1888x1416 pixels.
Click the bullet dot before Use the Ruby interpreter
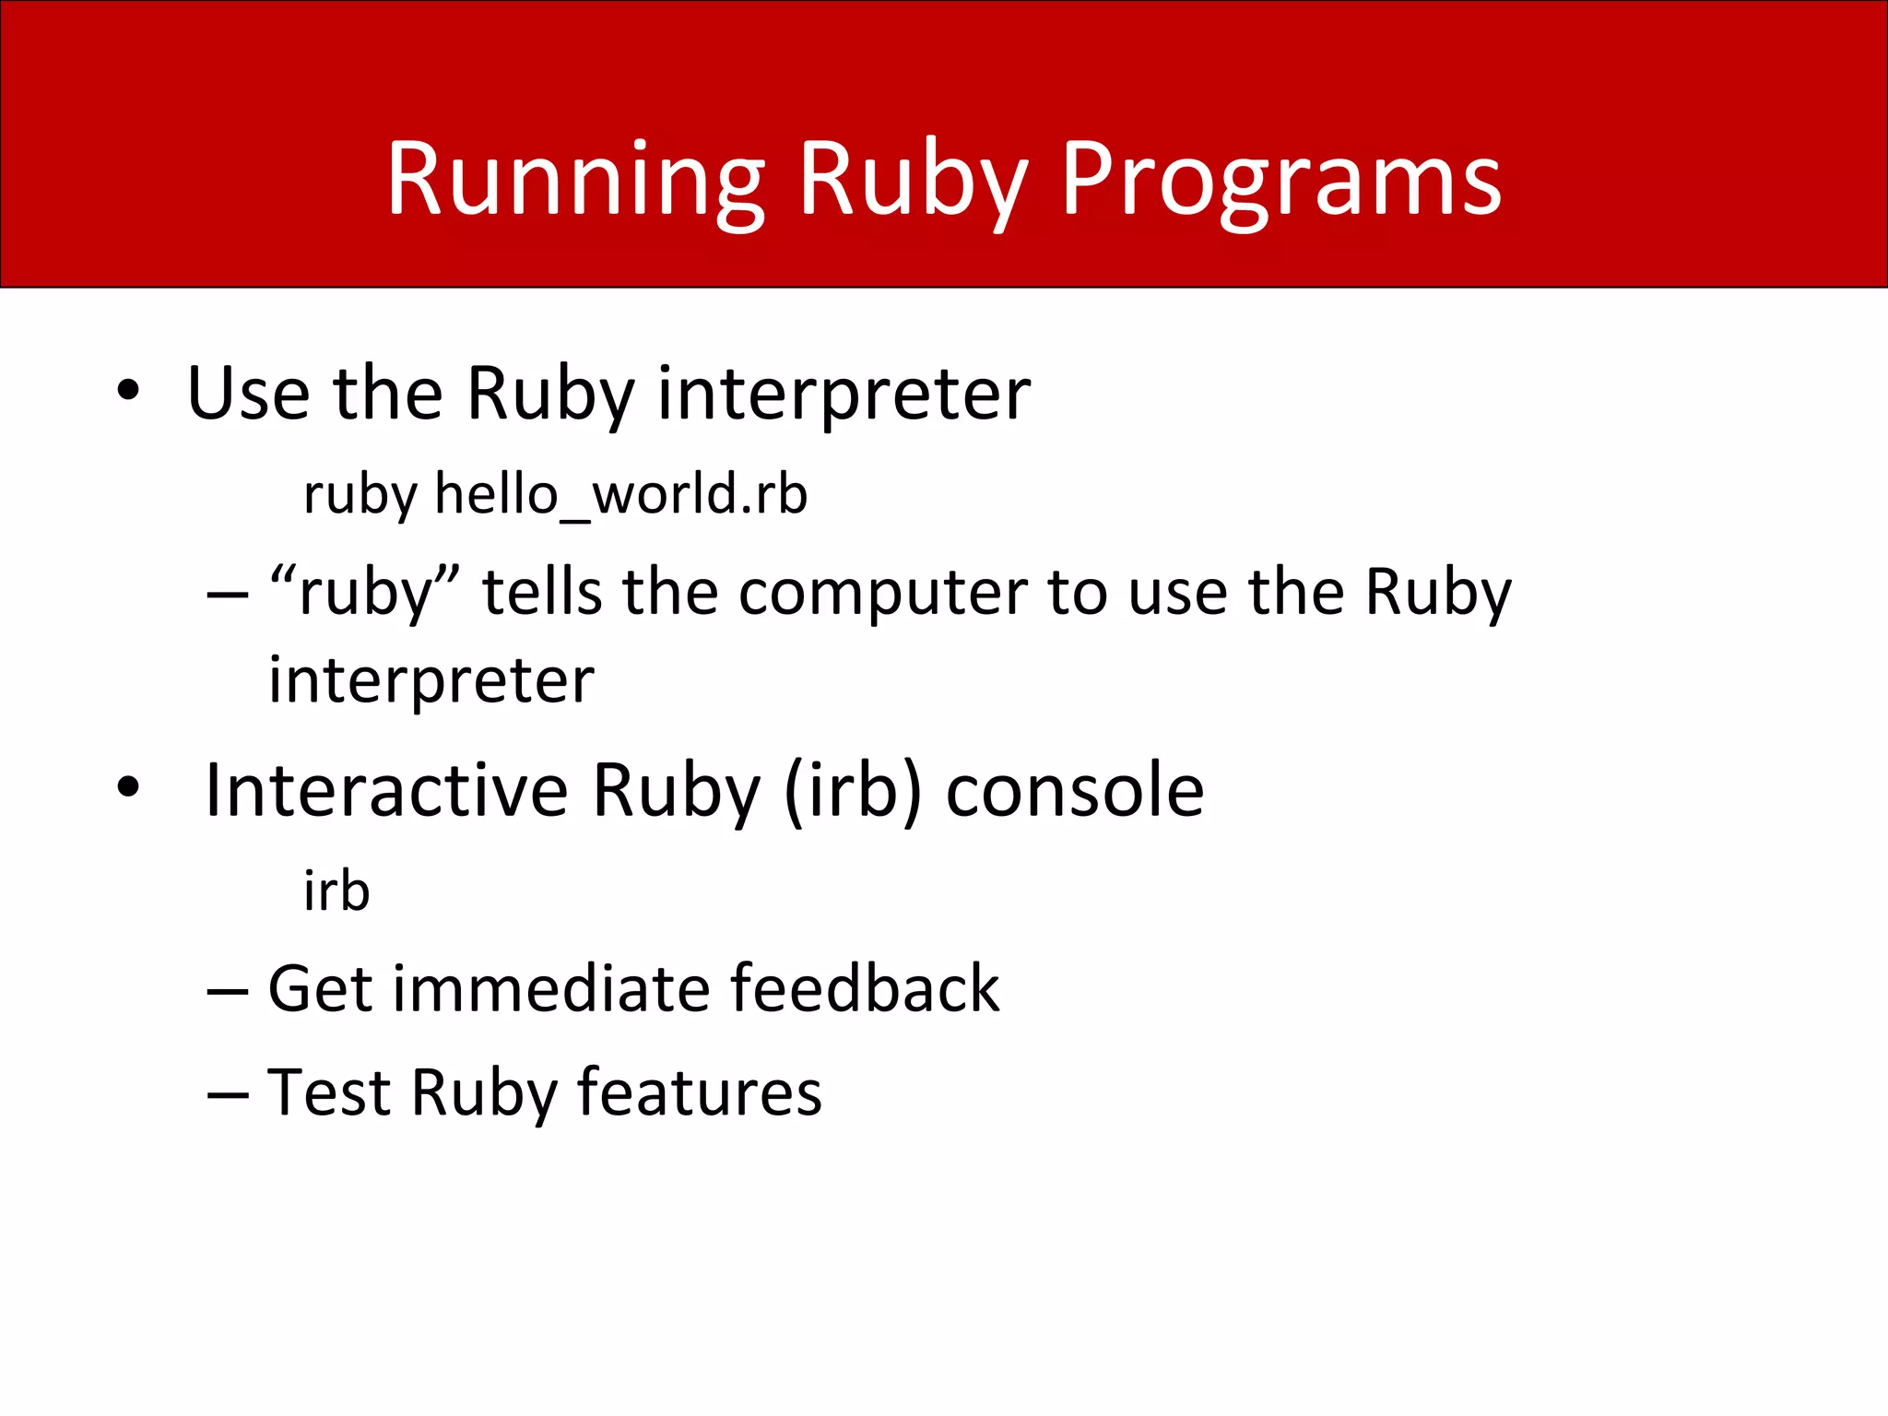(x=128, y=391)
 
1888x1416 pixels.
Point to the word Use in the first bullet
(x=248, y=394)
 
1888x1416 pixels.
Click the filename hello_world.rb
(x=620, y=494)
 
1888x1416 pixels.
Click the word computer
(x=882, y=595)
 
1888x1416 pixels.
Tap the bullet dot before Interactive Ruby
(x=128, y=787)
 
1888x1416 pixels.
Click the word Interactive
(x=386, y=790)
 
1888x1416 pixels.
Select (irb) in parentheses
(x=852, y=792)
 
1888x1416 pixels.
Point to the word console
(x=1075, y=792)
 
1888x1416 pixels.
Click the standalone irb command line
(x=336, y=891)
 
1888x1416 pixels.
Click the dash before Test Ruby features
(x=227, y=1095)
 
